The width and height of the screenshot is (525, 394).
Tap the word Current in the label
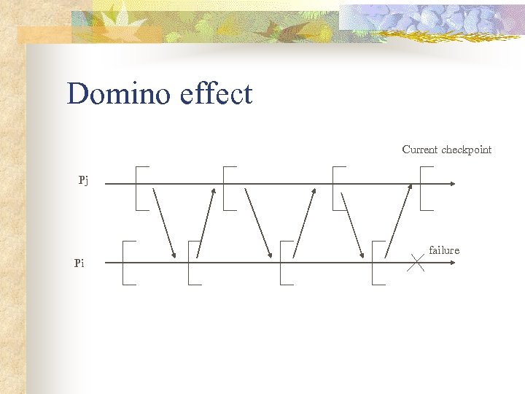[419, 150]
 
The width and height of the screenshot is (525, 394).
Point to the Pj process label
[84, 180]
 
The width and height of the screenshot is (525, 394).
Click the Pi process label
[79, 263]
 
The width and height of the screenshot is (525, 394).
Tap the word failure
[444, 250]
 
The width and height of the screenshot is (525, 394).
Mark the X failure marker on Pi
[416, 262]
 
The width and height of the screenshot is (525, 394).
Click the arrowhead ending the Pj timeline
[453, 184]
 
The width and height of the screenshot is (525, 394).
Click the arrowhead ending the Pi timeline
[453, 262]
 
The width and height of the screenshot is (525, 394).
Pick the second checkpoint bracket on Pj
[226, 188]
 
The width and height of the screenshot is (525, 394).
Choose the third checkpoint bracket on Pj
[335, 188]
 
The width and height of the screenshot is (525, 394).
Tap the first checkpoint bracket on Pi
[126, 262]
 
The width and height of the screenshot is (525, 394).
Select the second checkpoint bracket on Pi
[191, 262]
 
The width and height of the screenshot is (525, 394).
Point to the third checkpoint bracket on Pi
[283, 262]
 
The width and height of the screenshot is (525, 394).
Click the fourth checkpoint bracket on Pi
[375, 262]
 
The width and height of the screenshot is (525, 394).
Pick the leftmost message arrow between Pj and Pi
[164, 223]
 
